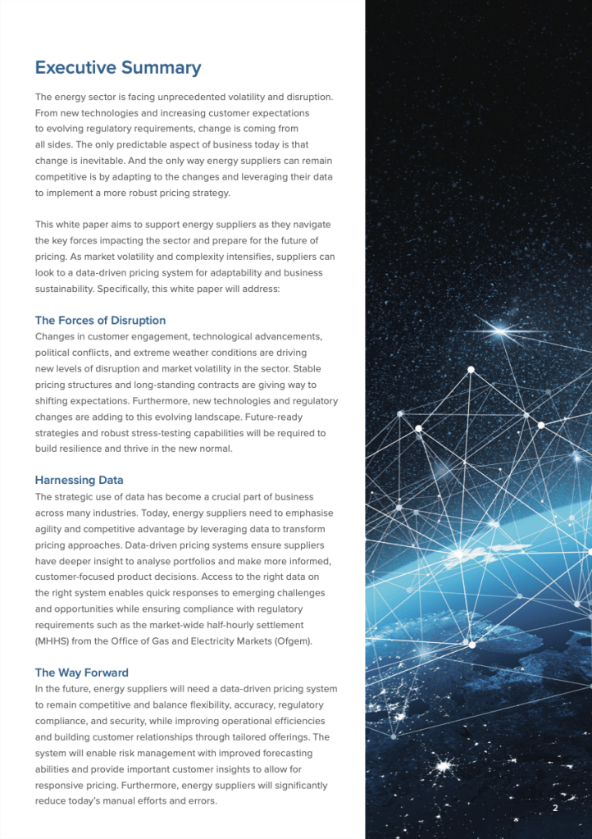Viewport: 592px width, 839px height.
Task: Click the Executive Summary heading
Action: point(117,67)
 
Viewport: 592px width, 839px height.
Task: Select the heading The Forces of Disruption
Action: point(100,320)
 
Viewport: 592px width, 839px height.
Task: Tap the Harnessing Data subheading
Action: point(79,480)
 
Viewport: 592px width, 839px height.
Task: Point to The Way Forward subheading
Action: point(81,673)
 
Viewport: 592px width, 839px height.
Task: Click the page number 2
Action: point(555,809)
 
